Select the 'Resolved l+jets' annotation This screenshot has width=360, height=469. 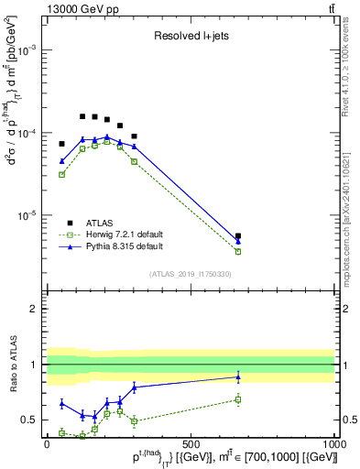click(190, 38)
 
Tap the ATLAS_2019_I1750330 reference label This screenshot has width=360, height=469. click(191, 274)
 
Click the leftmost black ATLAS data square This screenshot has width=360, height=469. click(62, 144)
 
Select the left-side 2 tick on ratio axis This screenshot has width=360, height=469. click(34, 309)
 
